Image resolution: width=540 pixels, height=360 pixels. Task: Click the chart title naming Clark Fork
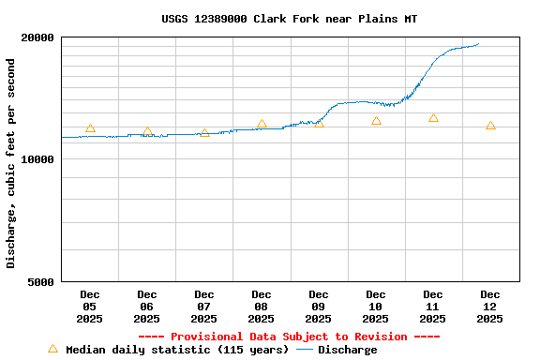coord(289,19)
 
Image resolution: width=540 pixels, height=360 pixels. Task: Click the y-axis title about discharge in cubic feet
coord(11,163)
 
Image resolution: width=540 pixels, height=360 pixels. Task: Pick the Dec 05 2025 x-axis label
coord(90,307)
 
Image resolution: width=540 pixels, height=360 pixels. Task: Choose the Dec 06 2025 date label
coord(147,307)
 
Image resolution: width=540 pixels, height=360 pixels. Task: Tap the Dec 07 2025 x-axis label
coord(204,307)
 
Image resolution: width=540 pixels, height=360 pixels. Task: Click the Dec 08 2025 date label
coord(262,307)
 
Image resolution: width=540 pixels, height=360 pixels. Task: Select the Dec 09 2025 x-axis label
coord(319,307)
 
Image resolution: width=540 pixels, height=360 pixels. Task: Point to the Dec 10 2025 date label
coord(376,307)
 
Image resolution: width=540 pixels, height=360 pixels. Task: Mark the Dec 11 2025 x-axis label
coord(433,307)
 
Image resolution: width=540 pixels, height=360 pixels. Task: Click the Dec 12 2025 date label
coord(490,307)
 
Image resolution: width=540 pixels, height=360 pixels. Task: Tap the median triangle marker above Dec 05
coord(90,128)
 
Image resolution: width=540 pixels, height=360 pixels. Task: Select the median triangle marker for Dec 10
coord(376,121)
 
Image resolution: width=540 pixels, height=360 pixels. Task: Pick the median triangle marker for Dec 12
coord(490,126)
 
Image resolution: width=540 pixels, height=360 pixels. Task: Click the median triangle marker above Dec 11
coord(433,118)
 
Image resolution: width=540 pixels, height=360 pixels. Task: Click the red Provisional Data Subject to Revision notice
coord(289,337)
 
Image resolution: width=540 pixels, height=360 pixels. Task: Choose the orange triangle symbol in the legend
coord(52,349)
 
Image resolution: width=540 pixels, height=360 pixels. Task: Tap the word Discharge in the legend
coord(347,350)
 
